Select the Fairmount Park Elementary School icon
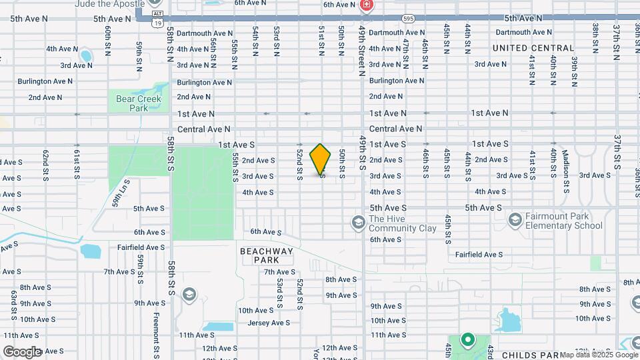pos(514,219)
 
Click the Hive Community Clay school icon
pos(357,221)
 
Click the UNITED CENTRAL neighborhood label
pos(533,48)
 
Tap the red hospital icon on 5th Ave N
pos(366,6)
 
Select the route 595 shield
pos(408,19)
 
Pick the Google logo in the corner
pos(23,351)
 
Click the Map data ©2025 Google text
pos(599,355)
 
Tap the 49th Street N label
pos(362,51)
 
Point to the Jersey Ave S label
pos(269,323)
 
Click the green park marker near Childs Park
pos(467,339)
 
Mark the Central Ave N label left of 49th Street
pos(203,129)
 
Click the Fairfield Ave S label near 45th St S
pos(479,255)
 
